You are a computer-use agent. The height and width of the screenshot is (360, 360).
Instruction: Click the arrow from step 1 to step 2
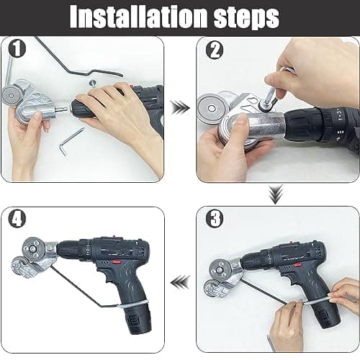181,109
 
